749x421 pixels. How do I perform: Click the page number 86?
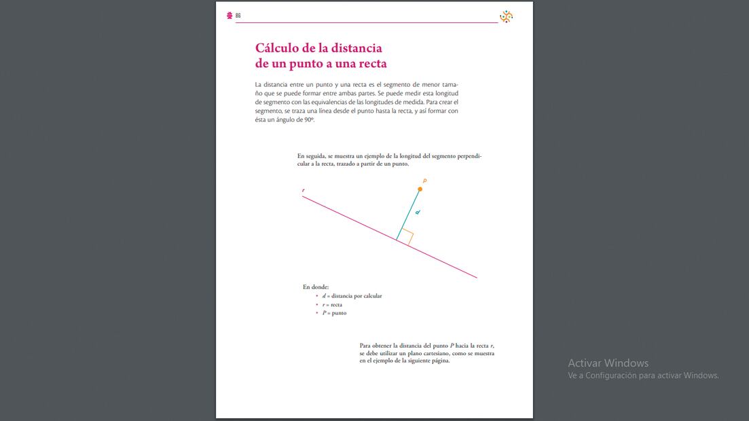pyautogui.click(x=238, y=16)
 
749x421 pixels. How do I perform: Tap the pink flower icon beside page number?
pyautogui.click(x=230, y=16)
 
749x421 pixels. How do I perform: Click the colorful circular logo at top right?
pyautogui.click(x=506, y=17)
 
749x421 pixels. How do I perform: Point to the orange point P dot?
pyautogui.click(x=420, y=189)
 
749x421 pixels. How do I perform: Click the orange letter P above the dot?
pyautogui.click(x=424, y=181)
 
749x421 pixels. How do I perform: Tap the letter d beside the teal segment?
pyautogui.click(x=418, y=213)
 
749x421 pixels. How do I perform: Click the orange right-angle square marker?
pyautogui.click(x=406, y=236)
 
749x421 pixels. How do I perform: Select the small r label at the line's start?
pyautogui.click(x=303, y=190)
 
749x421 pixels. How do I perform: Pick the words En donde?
pyautogui.click(x=316, y=287)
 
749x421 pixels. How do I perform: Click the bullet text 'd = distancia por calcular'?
pyautogui.click(x=352, y=296)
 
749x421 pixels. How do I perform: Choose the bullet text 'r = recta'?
pyautogui.click(x=332, y=305)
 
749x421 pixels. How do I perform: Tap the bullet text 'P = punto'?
pyautogui.click(x=334, y=313)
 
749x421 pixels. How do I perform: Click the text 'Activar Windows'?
pyautogui.click(x=608, y=363)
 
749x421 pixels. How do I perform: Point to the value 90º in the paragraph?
pyautogui.click(x=309, y=120)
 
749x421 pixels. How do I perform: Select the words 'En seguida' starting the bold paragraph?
pyautogui.click(x=312, y=155)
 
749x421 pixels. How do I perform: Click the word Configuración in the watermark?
pyautogui.click(x=611, y=376)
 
